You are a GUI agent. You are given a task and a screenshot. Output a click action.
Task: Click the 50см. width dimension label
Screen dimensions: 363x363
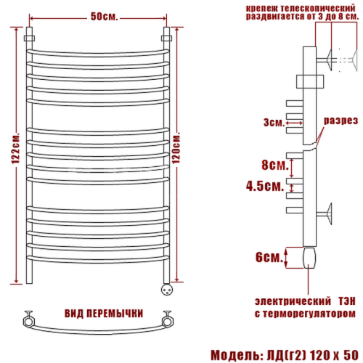tap(104, 17)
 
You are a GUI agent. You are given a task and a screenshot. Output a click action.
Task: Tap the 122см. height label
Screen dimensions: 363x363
tap(16, 148)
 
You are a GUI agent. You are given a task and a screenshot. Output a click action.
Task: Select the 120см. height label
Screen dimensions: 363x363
tap(176, 148)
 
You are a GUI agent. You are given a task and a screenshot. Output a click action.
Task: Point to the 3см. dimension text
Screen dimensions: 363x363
tap(274, 123)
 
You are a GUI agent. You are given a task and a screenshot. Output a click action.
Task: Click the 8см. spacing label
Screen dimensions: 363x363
tap(275, 165)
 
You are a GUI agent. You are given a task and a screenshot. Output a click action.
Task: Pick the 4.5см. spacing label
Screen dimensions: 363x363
tap(265, 187)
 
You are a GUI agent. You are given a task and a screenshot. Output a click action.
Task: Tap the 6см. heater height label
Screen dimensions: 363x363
tap(269, 257)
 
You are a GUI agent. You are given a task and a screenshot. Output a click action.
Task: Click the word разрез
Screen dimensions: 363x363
tap(340, 121)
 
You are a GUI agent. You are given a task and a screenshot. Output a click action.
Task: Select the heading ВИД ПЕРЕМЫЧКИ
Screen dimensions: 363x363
tap(104, 314)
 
